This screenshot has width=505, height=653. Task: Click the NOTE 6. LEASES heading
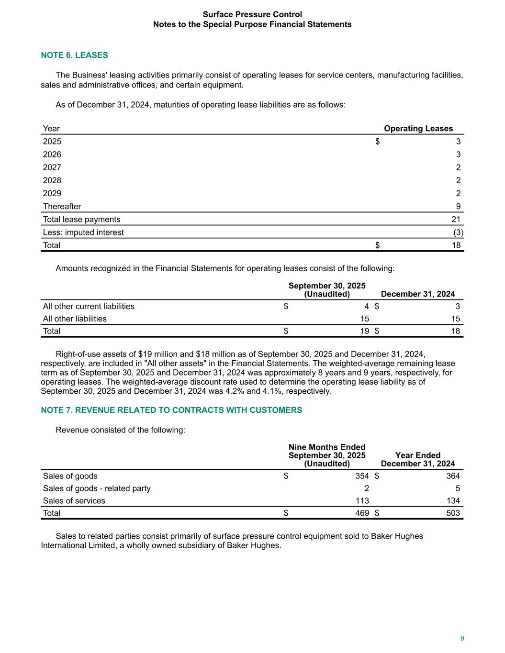74,55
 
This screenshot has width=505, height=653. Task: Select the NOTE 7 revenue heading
171,410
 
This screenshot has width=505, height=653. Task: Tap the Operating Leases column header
418,128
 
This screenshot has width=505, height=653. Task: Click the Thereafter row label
62,206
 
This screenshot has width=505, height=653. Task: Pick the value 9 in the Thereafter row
458,206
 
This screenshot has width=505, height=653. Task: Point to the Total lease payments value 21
456,219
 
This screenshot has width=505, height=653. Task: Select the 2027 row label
52,167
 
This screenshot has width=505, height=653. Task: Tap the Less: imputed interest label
83,232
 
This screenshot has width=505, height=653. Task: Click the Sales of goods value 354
362,476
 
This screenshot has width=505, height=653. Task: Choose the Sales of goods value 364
453,476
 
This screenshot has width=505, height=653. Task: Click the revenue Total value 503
453,513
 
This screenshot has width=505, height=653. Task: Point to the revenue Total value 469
362,513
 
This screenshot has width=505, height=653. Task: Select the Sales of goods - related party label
97,488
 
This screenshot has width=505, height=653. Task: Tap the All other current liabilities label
89,306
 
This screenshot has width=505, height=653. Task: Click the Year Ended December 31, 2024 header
418,459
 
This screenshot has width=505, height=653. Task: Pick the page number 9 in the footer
462,638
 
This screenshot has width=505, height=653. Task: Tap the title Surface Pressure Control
252,14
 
